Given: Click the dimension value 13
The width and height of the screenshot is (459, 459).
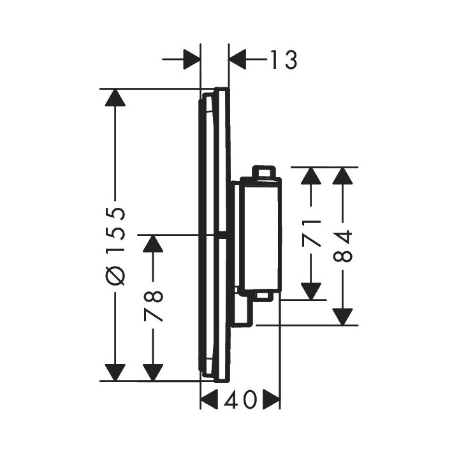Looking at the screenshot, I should (280, 61).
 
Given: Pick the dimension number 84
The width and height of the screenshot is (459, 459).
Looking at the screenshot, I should (343, 247).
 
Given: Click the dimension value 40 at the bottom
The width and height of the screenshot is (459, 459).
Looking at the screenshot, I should (240, 400).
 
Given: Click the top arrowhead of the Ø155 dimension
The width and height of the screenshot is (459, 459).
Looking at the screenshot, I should (115, 98).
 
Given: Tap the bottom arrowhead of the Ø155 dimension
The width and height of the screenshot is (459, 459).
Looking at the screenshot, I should (115, 372).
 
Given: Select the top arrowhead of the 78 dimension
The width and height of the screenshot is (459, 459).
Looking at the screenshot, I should (153, 244).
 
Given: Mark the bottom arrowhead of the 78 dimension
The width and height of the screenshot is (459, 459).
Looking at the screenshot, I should (153, 372).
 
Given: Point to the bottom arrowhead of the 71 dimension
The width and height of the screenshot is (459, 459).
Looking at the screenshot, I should (310, 291).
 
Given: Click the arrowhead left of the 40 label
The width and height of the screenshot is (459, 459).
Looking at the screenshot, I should (209, 400).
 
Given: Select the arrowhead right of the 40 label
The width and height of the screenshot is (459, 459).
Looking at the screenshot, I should (272, 400).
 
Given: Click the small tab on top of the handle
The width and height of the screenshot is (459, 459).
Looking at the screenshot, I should (263, 172).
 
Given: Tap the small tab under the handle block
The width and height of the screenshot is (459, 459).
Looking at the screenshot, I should (263, 296).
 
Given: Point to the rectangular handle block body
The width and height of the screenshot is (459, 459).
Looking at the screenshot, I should (258, 236).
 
